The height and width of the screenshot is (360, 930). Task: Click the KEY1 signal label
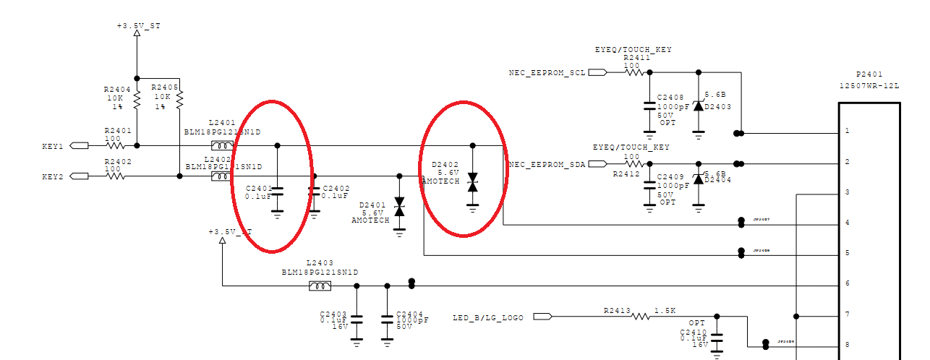point(53,146)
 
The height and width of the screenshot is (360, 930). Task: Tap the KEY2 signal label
point(53,176)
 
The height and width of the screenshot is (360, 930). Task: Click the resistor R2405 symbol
point(179,97)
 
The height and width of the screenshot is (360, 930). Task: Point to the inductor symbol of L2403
point(320,286)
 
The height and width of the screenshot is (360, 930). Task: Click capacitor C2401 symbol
point(277,191)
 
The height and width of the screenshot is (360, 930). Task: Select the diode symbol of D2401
point(398,207)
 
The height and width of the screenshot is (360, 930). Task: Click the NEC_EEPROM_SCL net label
point(547,73)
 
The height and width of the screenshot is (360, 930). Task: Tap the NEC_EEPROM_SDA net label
point(547,165)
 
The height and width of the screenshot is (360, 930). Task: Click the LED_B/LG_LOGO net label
point(487,317)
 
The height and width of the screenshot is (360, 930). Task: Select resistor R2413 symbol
point(640,316)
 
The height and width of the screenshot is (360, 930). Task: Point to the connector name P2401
point(869,74)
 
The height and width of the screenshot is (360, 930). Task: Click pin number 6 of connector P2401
point(846,284)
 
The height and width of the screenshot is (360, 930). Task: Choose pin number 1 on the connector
point(846,132)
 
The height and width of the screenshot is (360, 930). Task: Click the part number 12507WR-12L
point(869,85)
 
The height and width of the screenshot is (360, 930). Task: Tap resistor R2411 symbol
point(634,72)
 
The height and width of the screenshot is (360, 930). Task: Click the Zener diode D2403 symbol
point(698,106)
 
